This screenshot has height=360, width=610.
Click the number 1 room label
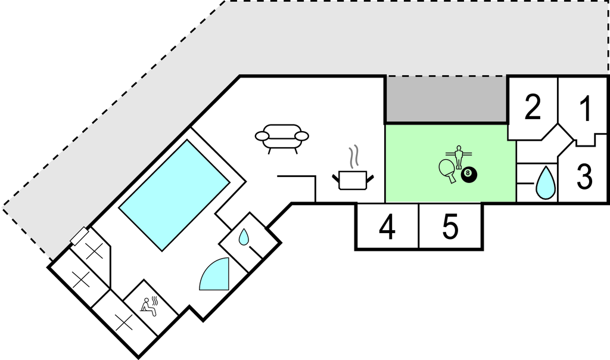point(586,109)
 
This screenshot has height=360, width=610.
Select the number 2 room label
point(533,107)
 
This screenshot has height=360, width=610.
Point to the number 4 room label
point(387,228)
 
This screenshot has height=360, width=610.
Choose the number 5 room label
point(450,227)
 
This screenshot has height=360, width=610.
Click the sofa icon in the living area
point(282,138)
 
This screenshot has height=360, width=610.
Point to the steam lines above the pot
point(354,156)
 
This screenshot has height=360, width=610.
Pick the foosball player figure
point(459,156)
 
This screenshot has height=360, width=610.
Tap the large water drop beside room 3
point(545,183)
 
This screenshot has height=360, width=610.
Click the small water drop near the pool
point(244,238)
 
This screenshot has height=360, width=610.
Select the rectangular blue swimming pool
point(174,194)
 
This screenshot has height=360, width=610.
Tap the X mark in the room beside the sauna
point(123,323)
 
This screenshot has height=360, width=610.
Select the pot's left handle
point(335,176)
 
